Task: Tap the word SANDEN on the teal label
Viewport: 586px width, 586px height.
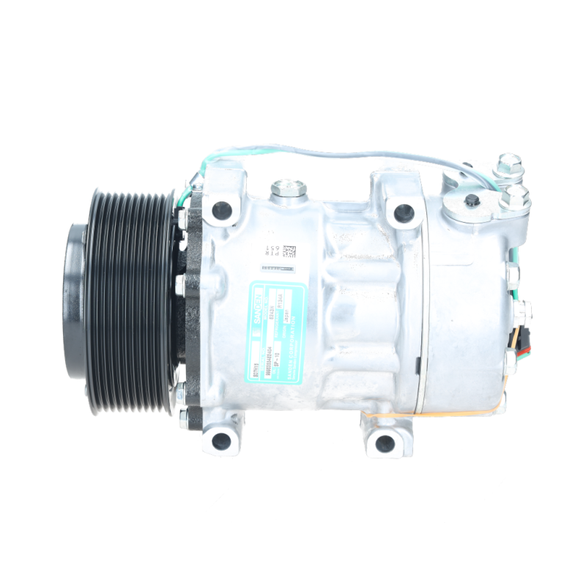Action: [258, 297]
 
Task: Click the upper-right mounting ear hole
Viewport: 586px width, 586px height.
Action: [401, 213]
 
